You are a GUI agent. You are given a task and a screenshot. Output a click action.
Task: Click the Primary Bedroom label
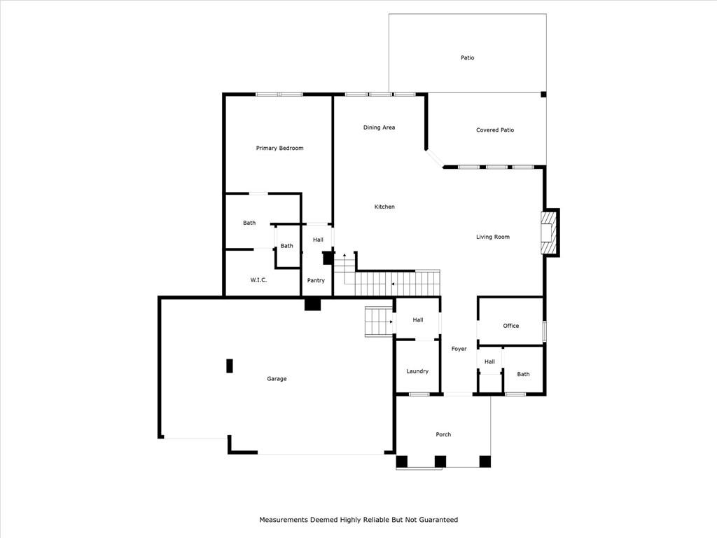point(279,148)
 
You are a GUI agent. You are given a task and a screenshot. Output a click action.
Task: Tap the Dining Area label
point(379,127)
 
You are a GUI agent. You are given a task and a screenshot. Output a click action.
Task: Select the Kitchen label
point(384,207)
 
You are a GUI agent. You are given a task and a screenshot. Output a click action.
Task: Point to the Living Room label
point(492,237)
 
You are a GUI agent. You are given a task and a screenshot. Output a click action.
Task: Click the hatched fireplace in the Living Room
point(547,232)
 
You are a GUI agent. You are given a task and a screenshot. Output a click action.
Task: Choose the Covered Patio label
point(494,130)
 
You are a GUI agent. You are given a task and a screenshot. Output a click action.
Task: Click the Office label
point(510,326)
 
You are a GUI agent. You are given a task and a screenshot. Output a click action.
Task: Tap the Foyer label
point(459,349)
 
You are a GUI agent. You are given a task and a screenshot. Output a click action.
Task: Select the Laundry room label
point(417,371)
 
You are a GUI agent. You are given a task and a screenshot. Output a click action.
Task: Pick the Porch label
point(443,434)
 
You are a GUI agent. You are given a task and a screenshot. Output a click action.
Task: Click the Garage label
point(277,379)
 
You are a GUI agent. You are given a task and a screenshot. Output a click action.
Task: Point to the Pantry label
point(316,280)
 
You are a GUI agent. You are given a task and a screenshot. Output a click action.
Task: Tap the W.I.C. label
point(258,280)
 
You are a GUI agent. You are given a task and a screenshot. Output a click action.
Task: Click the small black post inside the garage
point(229,366)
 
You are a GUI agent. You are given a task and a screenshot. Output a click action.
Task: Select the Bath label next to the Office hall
point(523,374)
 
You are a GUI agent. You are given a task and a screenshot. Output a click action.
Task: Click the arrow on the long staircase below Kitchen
point(394,284)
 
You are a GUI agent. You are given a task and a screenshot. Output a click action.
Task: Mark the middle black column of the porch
point(440,461)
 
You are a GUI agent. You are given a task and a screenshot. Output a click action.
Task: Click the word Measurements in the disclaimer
point(284,520)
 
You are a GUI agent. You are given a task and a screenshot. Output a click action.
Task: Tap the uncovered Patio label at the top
point(467,57)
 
